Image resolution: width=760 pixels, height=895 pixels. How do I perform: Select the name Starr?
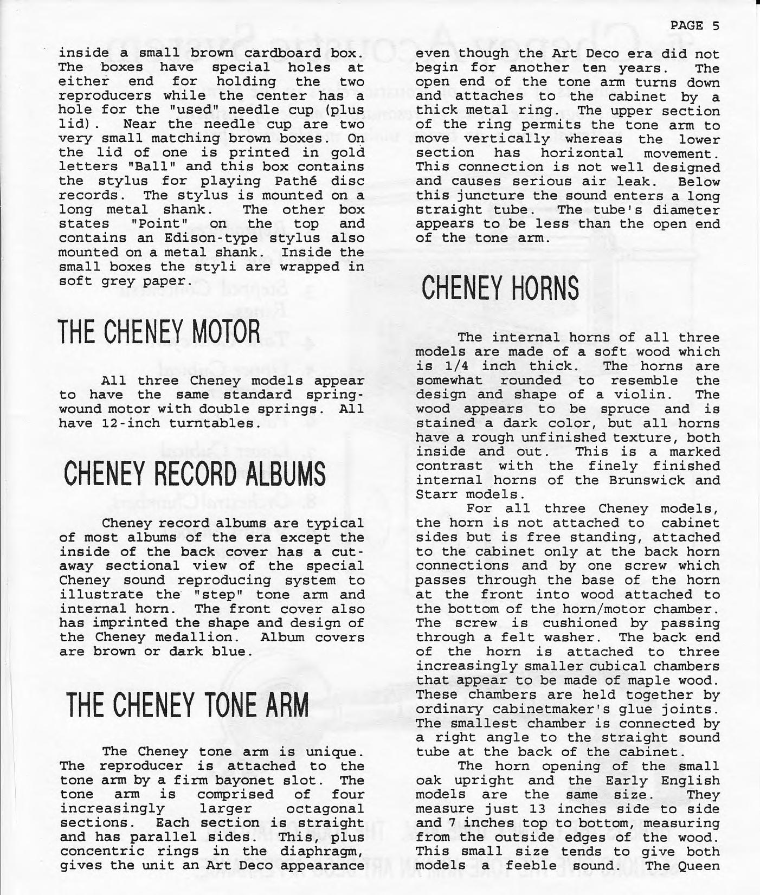(437, 494)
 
